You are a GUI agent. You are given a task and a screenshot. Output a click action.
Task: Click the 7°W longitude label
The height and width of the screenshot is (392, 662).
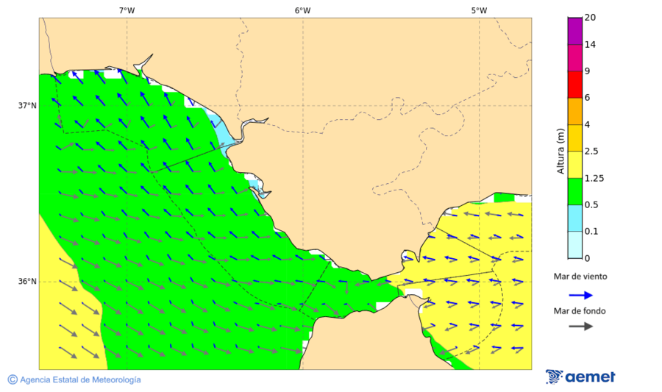127,10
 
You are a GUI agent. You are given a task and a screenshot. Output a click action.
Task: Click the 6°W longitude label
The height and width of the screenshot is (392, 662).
302,10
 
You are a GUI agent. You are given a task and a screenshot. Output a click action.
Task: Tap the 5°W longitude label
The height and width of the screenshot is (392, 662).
479,10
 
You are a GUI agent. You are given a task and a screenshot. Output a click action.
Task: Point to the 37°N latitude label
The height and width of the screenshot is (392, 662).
27,105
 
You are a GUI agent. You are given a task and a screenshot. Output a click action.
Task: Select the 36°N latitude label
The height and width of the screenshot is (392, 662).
27,281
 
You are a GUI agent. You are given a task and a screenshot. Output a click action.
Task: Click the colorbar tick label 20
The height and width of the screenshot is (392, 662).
590,18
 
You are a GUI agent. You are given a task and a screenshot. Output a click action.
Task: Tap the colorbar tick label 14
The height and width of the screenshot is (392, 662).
590,44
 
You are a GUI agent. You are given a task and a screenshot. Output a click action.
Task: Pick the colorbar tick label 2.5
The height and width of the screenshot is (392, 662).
591,152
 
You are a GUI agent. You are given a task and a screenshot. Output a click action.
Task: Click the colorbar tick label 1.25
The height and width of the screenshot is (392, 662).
594,178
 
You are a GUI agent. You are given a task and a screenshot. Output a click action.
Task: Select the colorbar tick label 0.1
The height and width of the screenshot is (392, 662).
591,231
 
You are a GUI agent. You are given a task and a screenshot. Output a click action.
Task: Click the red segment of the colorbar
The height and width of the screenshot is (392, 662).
574,85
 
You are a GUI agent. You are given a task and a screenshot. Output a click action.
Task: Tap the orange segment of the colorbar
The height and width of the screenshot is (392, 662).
574,111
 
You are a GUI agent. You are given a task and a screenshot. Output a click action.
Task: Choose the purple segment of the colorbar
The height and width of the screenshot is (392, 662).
574,31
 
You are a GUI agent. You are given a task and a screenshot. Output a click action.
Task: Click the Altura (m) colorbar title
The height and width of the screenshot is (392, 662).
560,151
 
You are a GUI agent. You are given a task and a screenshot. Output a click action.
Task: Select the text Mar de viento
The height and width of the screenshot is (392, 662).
580,277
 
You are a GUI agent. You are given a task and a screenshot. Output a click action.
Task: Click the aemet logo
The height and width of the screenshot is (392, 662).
580,377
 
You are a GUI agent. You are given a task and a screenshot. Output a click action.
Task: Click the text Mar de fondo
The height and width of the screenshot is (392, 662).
580,310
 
